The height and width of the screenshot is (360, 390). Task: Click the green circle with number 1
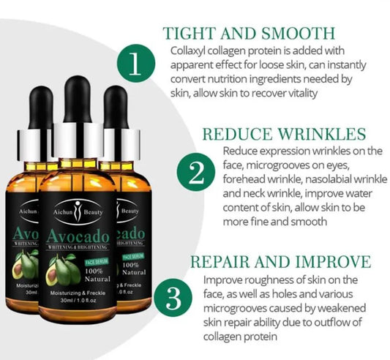click(136, 63)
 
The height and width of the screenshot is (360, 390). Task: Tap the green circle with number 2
click(196, 172)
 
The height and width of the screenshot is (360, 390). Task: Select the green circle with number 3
click(173, 298)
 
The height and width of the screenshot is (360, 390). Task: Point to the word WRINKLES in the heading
click(322, 134)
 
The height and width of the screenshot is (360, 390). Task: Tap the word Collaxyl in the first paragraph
click(187, 51)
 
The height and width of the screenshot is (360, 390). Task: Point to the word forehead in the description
click(240, 179)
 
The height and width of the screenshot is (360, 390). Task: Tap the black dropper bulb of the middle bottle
click(78, 99)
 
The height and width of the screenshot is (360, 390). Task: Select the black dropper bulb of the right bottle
click(116, 107)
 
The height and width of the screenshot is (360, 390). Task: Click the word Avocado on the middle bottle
click(78, 236)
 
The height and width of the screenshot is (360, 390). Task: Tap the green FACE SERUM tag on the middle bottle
click(97, 262)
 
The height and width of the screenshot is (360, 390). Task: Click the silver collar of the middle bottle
click(78, 140)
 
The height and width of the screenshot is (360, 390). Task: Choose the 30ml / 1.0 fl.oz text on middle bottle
click(78, 300)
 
